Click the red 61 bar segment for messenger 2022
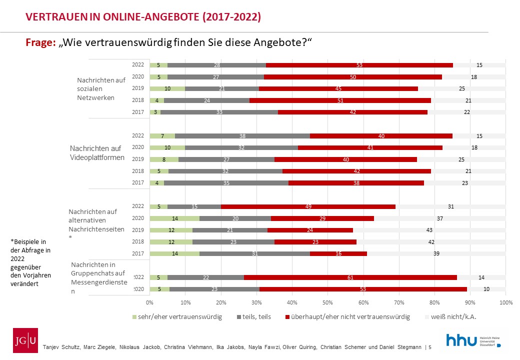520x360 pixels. pyautogui.click(x=350, y=277)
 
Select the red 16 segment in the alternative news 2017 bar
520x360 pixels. pyautogui.click(x=338, y=253)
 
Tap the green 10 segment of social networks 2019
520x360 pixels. pyautogui.click(x=167, y=88)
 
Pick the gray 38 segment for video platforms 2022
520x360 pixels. pyautogui.click(x=242, y=135)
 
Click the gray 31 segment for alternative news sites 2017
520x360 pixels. pyautogui.click(x=254, y=253)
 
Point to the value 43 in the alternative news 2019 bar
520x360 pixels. pyautogui.click(x=429, y=230)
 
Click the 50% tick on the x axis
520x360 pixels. pyautogui.click(x=328, y=302)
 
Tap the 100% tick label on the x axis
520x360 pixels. pyautogui.click(x=506, y=302)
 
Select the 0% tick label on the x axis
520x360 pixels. pyautogui.click(x=149, y=302)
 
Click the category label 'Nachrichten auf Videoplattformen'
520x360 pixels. pyautogui.click(x=97, y=153)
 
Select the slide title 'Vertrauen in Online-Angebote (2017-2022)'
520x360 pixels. pyautogui.click(x=143, y=17)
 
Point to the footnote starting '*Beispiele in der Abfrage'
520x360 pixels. pyautogui.click(x=30, y=262)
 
